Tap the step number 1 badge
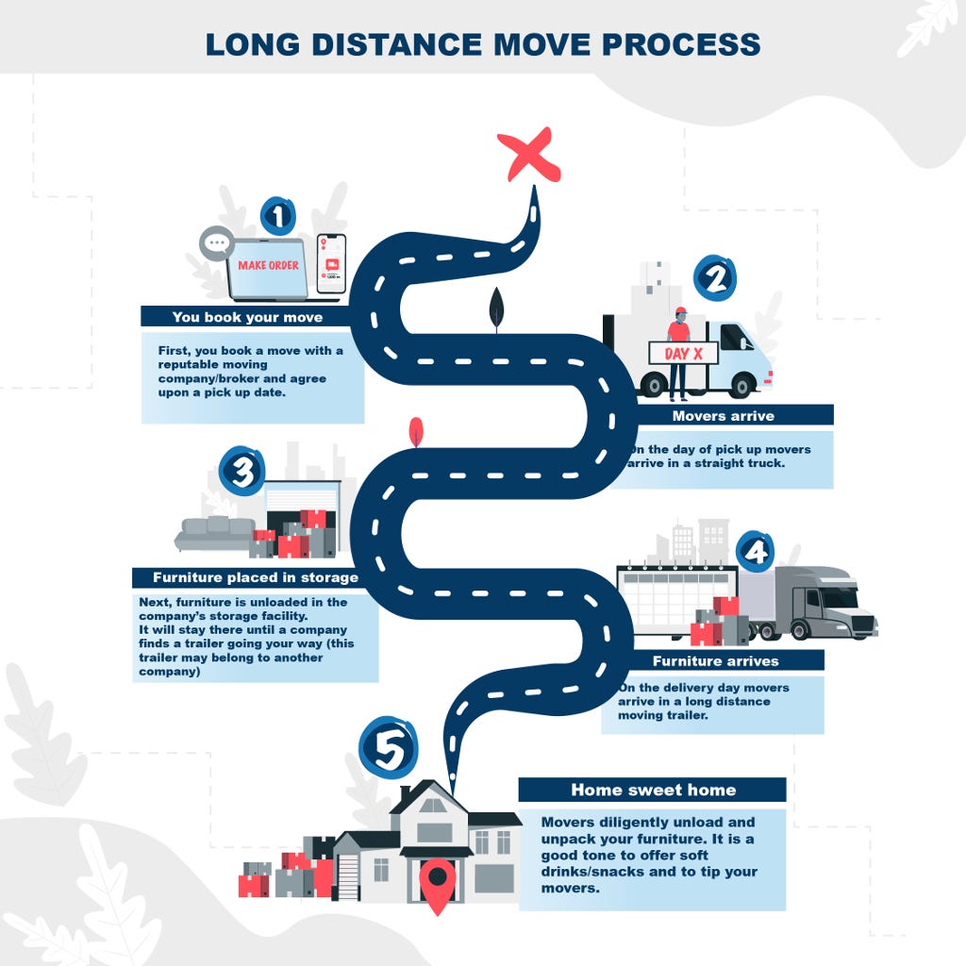click(278, 216)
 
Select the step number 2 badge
click(715, 278)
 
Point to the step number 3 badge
click(242, 472)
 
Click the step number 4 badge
click(756, 551)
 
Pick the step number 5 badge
click(389, 748)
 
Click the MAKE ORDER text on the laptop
click(269, 265)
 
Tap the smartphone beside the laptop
click(331, 264)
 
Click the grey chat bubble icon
click(216, 243)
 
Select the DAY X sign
click(683, 354)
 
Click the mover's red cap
click(680, 311)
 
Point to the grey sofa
click(216, 534)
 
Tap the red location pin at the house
click(438, 884)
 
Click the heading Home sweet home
click(653, 790)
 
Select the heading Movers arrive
click(724, 416)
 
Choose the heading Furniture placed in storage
click(256, 577)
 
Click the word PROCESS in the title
click(681, 44)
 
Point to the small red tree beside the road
click(416, 430)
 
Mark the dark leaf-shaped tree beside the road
click(496, 309)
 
